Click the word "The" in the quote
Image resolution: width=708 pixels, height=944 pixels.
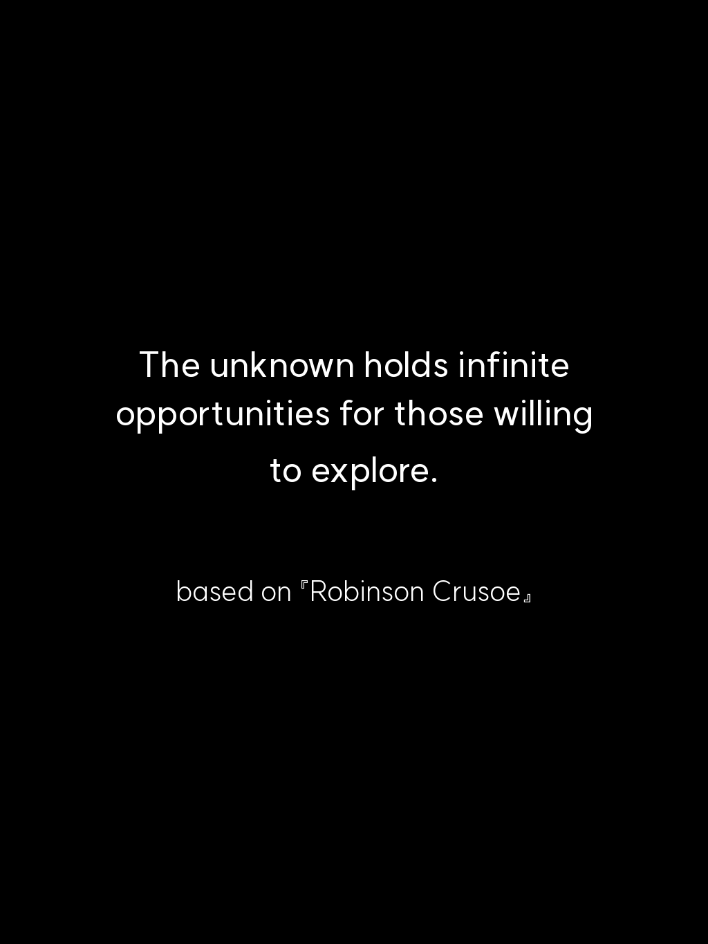click(170, 364)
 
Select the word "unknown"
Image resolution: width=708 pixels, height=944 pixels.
click(282, 364)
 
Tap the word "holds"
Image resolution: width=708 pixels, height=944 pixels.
click(407, 364)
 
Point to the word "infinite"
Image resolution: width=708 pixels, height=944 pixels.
click(514, 364)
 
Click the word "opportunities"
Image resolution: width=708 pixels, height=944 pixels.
click(223, 415)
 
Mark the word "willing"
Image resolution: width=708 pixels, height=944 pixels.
click(543, 415)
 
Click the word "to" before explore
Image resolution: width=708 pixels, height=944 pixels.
click(286, 470)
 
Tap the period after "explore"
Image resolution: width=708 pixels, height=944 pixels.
click(434, 480)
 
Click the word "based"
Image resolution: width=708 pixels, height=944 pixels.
click(215, 591)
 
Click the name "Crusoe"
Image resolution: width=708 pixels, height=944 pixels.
click(477, 592)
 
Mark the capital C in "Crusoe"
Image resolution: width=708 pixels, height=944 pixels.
click(442, 592)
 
